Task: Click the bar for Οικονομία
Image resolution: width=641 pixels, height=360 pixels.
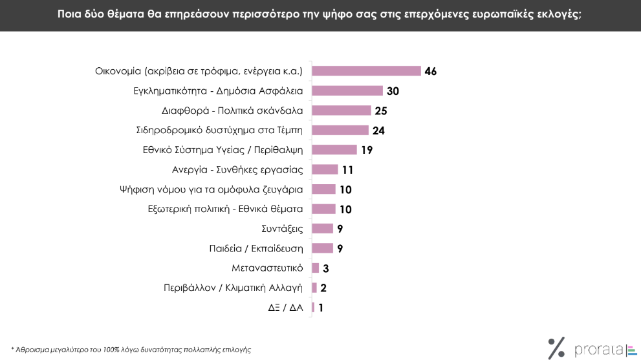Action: click(x=366, y=70)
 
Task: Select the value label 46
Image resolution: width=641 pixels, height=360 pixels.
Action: click(x=431, y=71)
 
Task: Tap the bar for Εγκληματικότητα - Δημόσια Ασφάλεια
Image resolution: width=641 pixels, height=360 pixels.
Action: click(x=347, y=90)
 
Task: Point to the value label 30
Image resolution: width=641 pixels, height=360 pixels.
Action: click(x=393, y=90)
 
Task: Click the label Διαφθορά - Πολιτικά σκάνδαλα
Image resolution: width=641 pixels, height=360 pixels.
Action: click(x=232, y=111)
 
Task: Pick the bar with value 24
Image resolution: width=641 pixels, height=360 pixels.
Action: click(x=340, y=130)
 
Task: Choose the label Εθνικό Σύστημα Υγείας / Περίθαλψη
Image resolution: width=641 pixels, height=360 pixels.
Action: click(x=223, y=150)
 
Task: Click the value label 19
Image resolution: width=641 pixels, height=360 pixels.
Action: click(x=367, y=150)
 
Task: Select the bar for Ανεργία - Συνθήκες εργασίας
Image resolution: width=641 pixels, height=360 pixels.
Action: click(x=325, y=169)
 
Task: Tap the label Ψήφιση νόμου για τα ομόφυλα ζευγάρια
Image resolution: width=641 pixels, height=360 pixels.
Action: click(x=212, y=189)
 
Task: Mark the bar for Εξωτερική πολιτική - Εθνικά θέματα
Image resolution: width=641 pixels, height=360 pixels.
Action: click(x=324, y=209)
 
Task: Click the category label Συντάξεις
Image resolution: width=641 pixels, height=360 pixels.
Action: click(x=282, y=229)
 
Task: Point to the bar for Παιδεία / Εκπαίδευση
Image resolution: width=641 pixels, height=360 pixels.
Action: click(x=323, y=248)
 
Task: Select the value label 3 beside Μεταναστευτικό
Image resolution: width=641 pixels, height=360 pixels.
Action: click(x=326, y=268)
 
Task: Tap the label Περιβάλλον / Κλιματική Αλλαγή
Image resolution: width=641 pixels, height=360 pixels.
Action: click(x=233, y=288)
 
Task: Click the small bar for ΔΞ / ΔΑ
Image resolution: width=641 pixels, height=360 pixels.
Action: click(x=313, y=307)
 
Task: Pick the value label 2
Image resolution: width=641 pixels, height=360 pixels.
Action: click(x=323, y=288)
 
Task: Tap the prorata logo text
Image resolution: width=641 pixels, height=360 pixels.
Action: click(x=598, y=350)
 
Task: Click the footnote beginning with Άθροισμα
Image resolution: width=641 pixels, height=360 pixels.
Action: click(x=131, y=350)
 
